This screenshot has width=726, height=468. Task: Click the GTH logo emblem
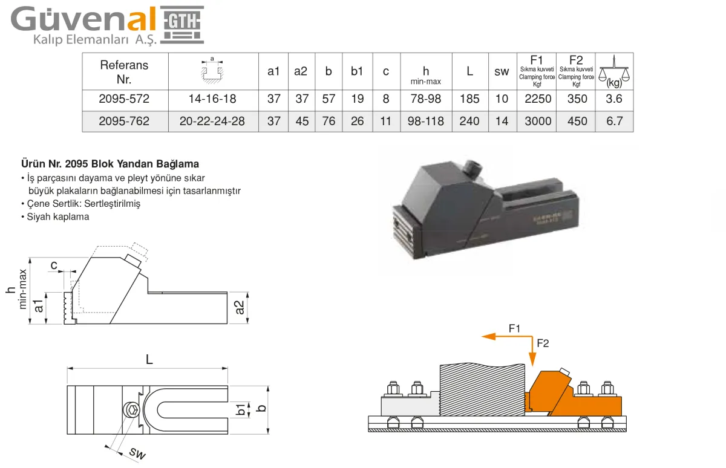click(x=182, y=25)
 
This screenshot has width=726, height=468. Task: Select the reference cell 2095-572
click(x=124, y=99)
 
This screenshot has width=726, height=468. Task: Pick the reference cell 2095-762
click(x=124, y=121)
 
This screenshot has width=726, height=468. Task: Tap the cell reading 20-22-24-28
click(x=212, y=121)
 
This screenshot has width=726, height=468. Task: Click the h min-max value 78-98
click(x=426, y=99)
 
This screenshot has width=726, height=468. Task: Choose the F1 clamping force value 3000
click(x=538, y=121)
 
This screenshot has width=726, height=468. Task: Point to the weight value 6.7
click(x=615, y=121)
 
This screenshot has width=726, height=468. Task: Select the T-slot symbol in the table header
click(x=212, y=71)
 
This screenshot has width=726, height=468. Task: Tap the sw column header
click(x=502, y=71)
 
